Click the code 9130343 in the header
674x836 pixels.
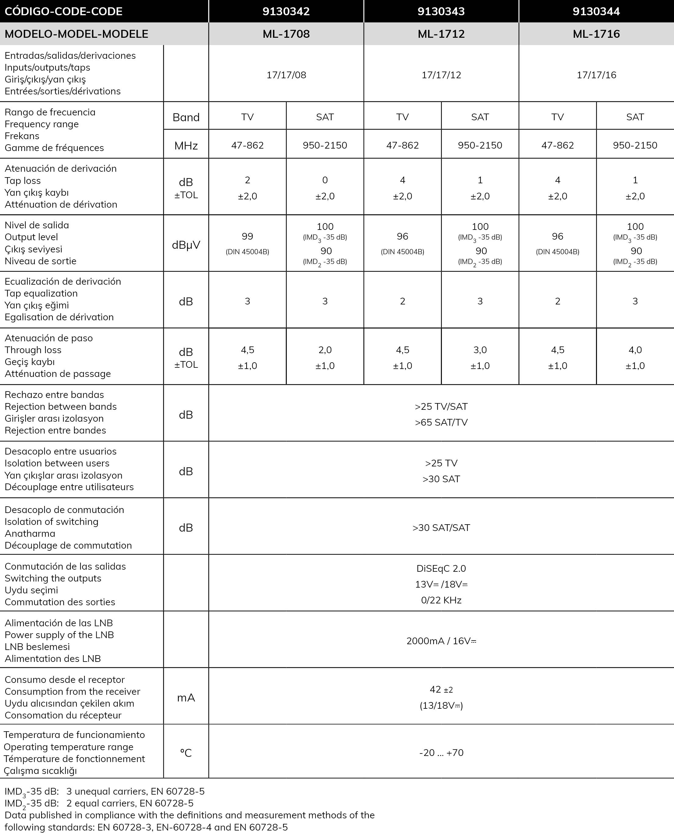[441, 11]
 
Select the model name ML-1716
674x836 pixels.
[596, 34]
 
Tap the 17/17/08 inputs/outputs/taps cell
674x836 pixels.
[286, 75]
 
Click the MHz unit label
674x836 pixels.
[186, 146]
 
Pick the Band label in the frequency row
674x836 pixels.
[186, 117]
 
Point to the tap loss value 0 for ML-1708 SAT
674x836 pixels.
[325, 180]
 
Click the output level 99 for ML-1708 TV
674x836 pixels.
[247, 236]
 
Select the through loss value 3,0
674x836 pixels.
[480, 350]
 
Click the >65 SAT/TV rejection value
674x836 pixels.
[441, 423]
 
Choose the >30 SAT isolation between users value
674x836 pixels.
[441, 479]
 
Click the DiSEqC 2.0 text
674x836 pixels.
[441, 569]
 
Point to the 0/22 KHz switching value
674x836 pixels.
[441, 601]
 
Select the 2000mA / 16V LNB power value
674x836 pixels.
[441, 641]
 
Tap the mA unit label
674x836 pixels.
[186, 698]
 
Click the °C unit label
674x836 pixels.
[186, 753]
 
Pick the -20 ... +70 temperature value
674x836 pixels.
[441, 753]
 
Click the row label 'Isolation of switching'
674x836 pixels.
[51, 522]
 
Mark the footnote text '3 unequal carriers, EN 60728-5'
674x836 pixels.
[135, 791]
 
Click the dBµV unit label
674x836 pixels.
[186, 245]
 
